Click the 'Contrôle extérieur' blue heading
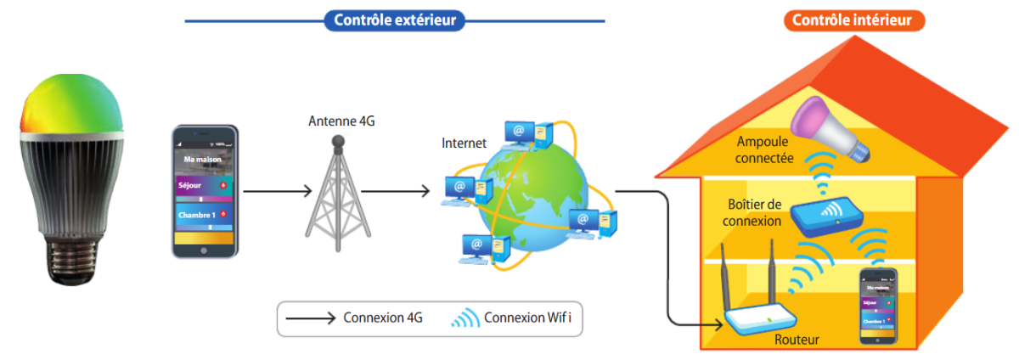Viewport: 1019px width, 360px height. [395, 20]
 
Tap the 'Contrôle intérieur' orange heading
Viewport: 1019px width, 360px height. [853, 20]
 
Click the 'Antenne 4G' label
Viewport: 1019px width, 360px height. [341, 122]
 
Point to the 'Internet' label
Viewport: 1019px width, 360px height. [464, 143]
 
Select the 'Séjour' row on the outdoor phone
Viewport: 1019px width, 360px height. [205, 185]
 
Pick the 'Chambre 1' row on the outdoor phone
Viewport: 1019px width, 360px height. [205, 215]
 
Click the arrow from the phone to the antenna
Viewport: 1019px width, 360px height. [277, 192]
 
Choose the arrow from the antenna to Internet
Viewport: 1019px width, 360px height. [395, 192]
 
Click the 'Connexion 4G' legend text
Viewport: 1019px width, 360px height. [383, 319]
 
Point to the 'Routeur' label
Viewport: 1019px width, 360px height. [797, 340]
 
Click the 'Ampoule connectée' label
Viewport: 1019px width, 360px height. [765, 149]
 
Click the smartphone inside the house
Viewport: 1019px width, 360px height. [878, 306]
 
